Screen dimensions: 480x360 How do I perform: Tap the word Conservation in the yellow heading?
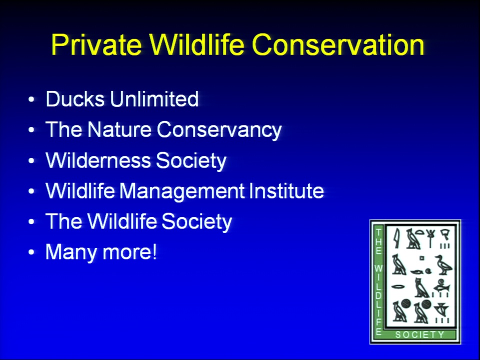tap(338, 44)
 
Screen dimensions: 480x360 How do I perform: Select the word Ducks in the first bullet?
tap(75, 99)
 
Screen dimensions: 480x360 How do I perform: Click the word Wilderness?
tap(98, 160)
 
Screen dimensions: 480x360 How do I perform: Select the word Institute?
tap(286, 190)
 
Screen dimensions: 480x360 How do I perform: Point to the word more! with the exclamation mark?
tap(129, 252)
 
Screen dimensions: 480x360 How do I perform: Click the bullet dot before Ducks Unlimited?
tap(31, 99)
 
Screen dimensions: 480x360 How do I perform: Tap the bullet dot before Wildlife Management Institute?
tap(31, 191)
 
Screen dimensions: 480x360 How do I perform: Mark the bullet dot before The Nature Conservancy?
tap(31, 130)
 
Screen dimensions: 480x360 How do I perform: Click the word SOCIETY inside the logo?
tap(419, 334)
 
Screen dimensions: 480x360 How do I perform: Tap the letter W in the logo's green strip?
tap(378, 269)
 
